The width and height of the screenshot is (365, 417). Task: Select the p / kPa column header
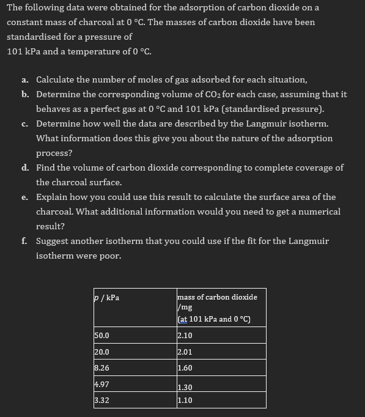click(x=107, y=298)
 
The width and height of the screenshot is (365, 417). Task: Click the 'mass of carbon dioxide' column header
click(x=217, y=297)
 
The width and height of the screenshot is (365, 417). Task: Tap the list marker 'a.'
click(x=24, y=80)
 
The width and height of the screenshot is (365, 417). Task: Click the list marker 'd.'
click(x=24, y=168)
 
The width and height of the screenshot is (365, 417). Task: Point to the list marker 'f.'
click(x=24, y=241)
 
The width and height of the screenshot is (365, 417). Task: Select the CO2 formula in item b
click(x=204, y=95)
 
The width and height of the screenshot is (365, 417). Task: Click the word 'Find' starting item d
click(x=46, y=168)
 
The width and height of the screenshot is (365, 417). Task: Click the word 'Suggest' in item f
click(x=53, y=241)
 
